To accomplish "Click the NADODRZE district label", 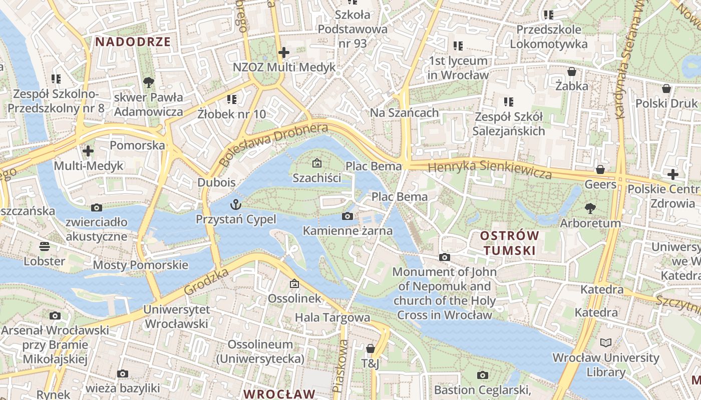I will [x=133, y=41].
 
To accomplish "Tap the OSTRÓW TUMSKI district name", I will [x=509, y=242].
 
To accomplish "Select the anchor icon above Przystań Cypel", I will [x=235, y=204].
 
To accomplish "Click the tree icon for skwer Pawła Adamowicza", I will [x=148, y=82].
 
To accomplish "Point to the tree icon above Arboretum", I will [x=590, y=208].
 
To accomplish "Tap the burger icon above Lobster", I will [x=45, y=246].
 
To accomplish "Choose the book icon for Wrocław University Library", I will [x=606, y=343].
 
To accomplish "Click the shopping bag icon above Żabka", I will [x=571, y=71].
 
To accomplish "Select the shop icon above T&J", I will [x=370, y=348].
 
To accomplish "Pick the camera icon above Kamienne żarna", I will [x=347, y=216].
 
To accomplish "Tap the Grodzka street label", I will [x=206, y=281].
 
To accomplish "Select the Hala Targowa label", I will [x=332, y=317].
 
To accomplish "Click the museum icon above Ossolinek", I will [x=294, y=284].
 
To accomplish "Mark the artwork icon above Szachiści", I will [x=316, y=163].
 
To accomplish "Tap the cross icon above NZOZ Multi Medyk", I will [x=284, y=52].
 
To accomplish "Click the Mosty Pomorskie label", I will [x=141, y=265].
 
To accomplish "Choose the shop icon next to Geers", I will [x=600, y=170].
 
